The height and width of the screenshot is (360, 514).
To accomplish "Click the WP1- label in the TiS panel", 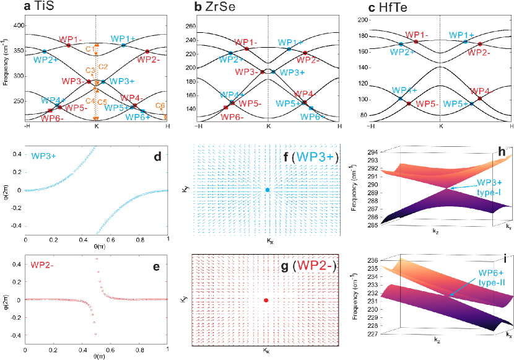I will [74, 39].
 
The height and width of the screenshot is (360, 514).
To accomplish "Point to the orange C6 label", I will [160, 106].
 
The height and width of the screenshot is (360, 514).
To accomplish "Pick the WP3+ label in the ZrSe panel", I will [291, 72].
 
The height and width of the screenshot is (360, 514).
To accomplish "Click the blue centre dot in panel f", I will [267, 190].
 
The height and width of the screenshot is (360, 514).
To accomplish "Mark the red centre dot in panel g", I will [266, 300].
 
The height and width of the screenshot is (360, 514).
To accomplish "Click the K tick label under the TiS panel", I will [97, 126].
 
